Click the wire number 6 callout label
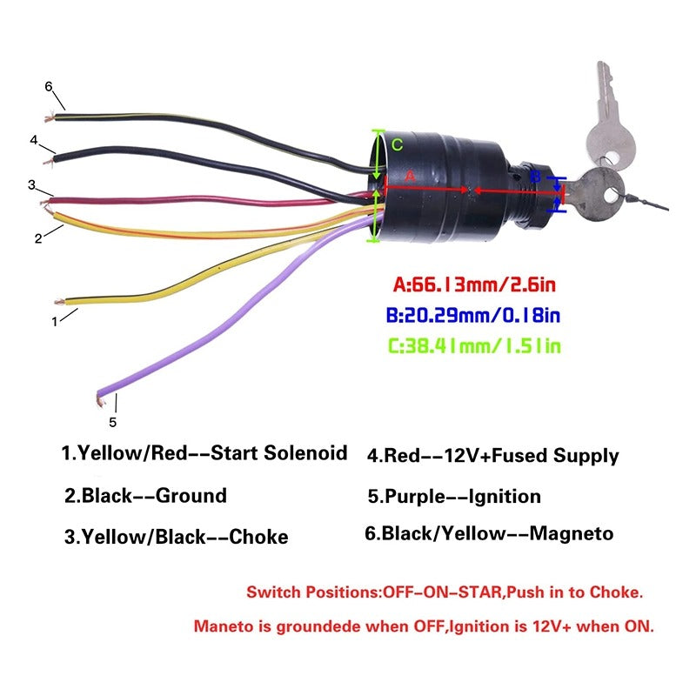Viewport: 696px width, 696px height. (x=49, y=86)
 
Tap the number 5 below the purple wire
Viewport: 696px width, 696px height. (x=113, y=422)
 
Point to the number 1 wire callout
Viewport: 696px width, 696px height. (x=55, y=321)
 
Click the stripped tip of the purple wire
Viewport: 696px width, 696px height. (x=100, y=402)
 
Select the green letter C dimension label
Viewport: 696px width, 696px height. (x=398, y=144)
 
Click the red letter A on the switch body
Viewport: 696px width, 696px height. (x=410, y=177)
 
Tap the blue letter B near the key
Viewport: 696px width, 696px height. (x=536, y=177)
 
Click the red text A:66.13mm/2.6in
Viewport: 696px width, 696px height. (x=474, y=284)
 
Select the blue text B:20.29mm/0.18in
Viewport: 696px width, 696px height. (x=473, y=315)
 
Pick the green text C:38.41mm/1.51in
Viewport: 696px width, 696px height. (x=474, y=345)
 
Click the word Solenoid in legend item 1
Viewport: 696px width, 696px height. (x=305, y=452)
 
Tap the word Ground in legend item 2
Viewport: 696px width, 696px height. (x=191, y=495)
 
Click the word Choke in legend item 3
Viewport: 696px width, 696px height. (x=258, y=537)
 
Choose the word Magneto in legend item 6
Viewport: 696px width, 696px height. (x=572, y=533)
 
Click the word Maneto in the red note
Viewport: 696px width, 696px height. (x=220, y=626)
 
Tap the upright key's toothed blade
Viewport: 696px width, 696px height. (x=605, y=92)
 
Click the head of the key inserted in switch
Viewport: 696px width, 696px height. (x=598, y=195)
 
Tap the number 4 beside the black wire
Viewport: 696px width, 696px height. (x=34, y=140)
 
